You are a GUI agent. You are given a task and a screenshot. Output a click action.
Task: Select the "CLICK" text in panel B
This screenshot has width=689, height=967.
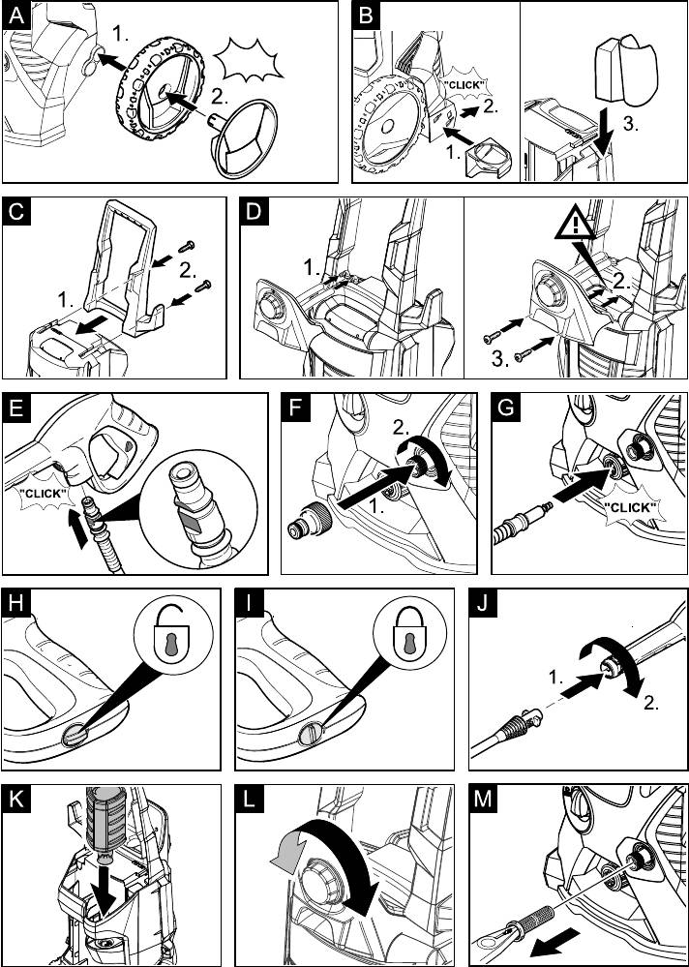(x=464, y=85)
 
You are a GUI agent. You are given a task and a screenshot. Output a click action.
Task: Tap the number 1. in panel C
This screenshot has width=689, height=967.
(x=64, y=301)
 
